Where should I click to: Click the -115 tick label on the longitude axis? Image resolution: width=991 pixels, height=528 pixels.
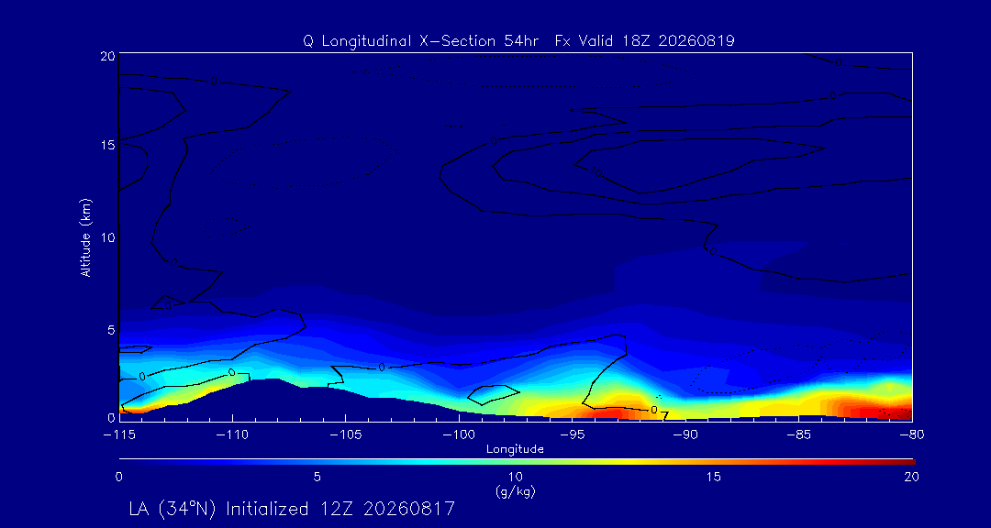coord(119,435)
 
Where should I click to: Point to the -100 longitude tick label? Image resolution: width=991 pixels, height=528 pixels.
coord(459,435)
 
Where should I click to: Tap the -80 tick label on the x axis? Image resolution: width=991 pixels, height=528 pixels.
coord(912,435)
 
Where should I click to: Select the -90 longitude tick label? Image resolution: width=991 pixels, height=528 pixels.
coord(685,435)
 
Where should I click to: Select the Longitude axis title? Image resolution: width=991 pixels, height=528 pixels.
coord(515,450)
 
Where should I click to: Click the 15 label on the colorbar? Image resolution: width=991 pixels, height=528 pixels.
coord(714,478)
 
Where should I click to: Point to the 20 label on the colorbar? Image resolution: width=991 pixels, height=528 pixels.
coord(911,478)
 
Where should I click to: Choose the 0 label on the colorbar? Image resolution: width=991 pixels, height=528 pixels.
coord(118,478)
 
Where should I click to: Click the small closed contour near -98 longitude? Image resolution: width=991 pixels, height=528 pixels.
coord(494,395)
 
